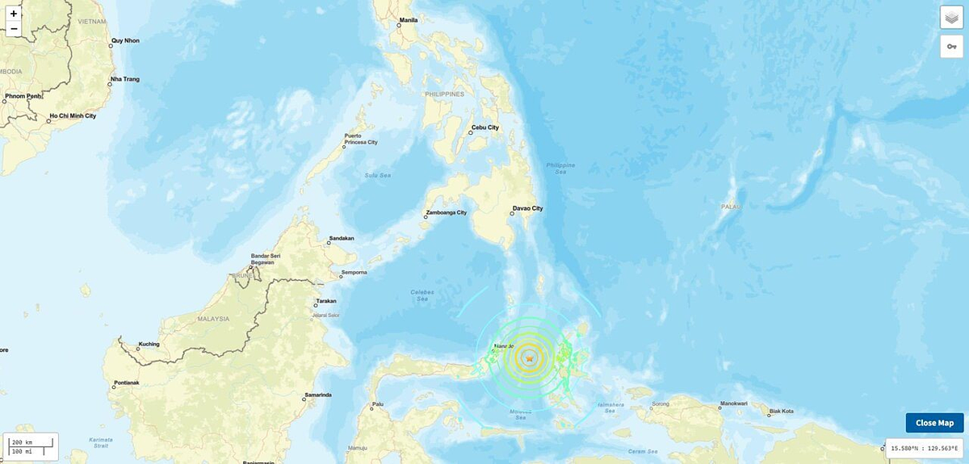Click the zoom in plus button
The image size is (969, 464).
point(14,14)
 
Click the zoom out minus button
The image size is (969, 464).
point(14,30)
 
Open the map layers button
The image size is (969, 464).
point(951,19)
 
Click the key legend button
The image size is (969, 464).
point(951,47)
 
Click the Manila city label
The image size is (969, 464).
point(409,20)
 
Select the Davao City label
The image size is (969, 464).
point(527,209)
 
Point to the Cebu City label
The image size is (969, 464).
point(484,127)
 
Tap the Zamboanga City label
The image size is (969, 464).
point(446,213)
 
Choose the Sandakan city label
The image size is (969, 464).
point(341,239)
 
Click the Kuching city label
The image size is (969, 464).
point(149,345)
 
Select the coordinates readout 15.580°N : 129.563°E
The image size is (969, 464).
point(925,448)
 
